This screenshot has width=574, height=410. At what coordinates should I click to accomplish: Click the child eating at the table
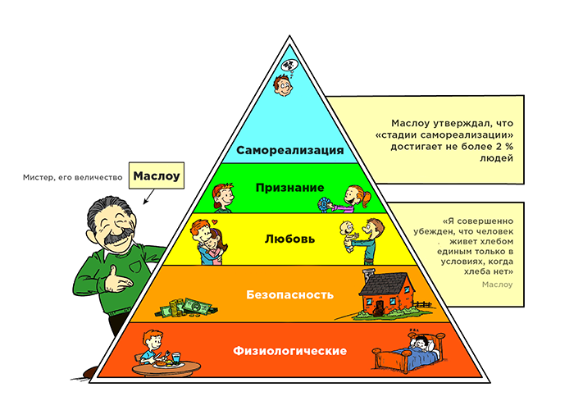[151, 344]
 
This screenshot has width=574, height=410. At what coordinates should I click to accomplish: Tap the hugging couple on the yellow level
[207, 242]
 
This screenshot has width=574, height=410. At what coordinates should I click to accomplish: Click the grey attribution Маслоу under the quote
[498, 284]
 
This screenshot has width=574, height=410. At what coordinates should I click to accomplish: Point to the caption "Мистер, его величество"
[75, 176]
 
